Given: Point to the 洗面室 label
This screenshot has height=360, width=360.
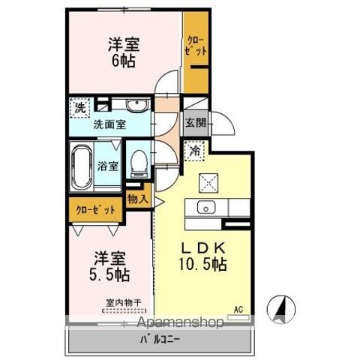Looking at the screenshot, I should tap(109, 125).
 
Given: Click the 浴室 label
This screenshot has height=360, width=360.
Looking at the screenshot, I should tap(108, 166).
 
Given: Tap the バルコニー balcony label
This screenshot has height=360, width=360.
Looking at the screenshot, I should tap(157, 340).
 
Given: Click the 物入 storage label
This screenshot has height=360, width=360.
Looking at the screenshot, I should tap(137, 199).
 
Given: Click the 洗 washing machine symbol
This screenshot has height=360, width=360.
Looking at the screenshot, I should tap(79, 107).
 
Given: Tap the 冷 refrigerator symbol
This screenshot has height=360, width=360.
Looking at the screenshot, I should tap(193, 149).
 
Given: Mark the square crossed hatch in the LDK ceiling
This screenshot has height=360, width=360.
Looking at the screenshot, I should tap(206, 181).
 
